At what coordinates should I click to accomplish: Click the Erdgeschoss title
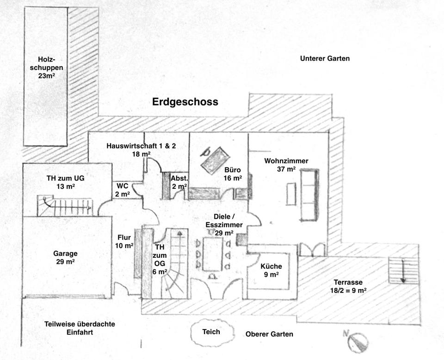tap(185, 102)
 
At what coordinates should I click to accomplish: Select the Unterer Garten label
tap(325, 59)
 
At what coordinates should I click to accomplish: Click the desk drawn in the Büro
tap(215, 160)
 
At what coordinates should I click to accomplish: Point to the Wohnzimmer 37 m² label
tap(286, 165)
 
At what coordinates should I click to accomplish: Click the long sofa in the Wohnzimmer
tap(309, 194)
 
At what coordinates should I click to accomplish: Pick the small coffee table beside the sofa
tap(291, 194)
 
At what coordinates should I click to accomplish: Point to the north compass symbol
tap(358, 341)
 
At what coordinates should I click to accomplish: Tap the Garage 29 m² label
tap(65, 258)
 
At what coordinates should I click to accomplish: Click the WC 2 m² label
tap(122, 190)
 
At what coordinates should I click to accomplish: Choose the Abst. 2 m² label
tap(179, 182)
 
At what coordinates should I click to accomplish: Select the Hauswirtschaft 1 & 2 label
tap(141, 150)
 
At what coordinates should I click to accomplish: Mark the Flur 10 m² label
tap(124, 242)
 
